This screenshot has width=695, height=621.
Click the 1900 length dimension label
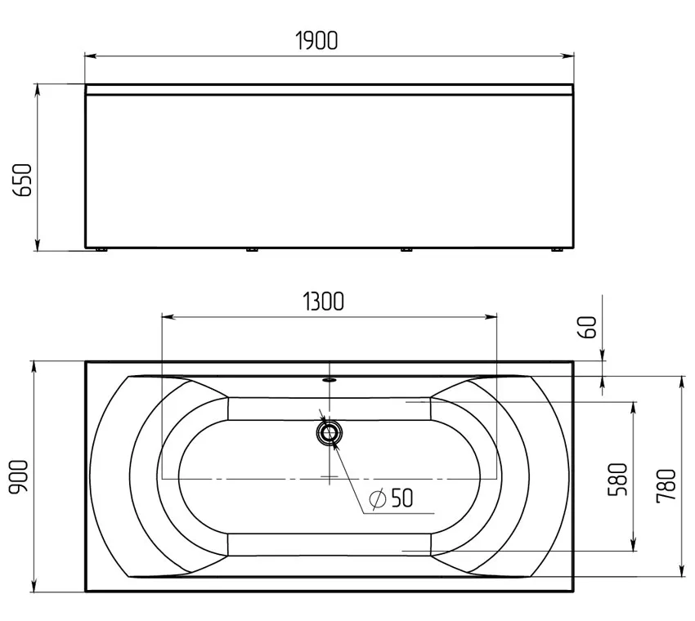[316, 40]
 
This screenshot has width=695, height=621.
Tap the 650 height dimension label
[23, 181]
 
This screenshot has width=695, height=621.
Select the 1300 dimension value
[324, 302]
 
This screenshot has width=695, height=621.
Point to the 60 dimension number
[588, 328]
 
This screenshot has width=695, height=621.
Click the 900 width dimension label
[19, 476]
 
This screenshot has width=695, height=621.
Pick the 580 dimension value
[618, 480]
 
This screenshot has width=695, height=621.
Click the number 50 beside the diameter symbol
[402, 498]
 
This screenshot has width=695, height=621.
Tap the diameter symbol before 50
[378, 499]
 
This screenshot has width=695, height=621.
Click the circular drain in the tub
[330, 433]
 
